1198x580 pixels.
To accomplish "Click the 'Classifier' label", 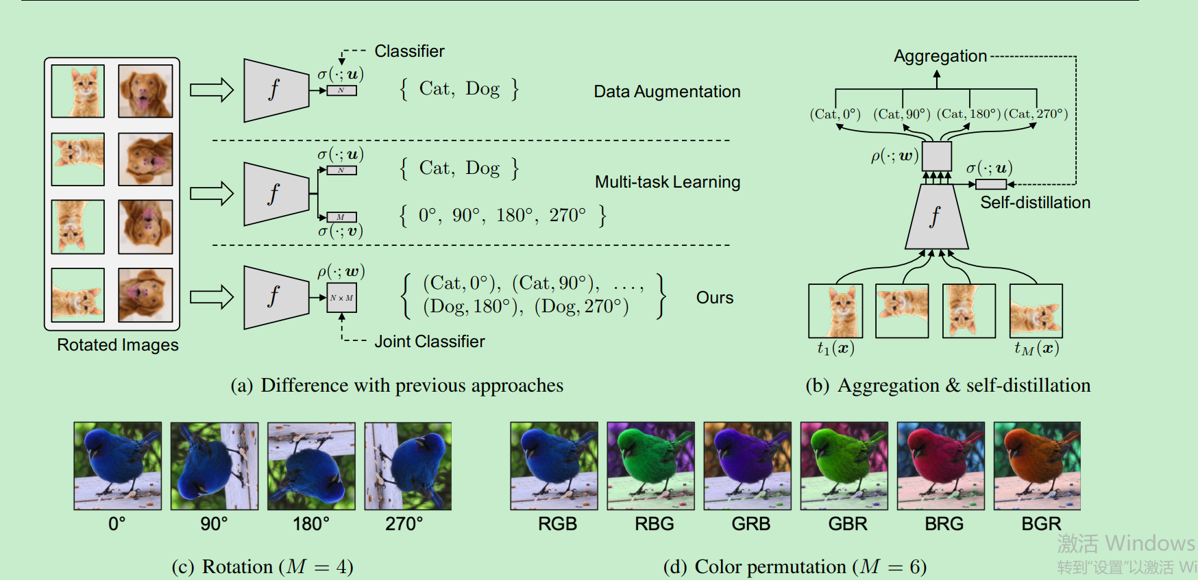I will pos(409,51).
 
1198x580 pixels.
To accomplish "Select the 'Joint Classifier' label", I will pos(429,341).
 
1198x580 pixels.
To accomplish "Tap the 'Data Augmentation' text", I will pos(666,92).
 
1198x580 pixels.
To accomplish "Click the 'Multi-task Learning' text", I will pos(667,182).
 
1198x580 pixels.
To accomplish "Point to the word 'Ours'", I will pos(714,298).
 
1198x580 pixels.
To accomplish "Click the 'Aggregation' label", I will pos(940,56).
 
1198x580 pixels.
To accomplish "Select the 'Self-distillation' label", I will pos(1034,203).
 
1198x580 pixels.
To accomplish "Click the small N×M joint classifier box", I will pos(341,298).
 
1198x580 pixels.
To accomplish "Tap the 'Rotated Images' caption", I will pos(117,345).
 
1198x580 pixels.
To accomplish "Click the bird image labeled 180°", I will pos(311,466).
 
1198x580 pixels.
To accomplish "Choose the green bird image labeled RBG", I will pos(650,466).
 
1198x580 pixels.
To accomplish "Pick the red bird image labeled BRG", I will pos(940,466).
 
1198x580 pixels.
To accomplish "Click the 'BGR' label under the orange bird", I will pos(1040,524).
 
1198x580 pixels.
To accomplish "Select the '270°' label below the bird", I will pos(404,524).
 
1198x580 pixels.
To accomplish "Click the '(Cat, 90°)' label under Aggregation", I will pos(901,114).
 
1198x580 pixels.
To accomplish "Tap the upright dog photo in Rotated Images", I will pos(145,91).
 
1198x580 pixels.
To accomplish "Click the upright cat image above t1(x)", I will pos(835,311).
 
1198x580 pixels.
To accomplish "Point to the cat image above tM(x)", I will pos(1036,311).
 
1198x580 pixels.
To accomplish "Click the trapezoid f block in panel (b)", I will pos(936,217).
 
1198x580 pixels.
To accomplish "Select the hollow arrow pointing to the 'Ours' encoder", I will pos(212,297).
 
